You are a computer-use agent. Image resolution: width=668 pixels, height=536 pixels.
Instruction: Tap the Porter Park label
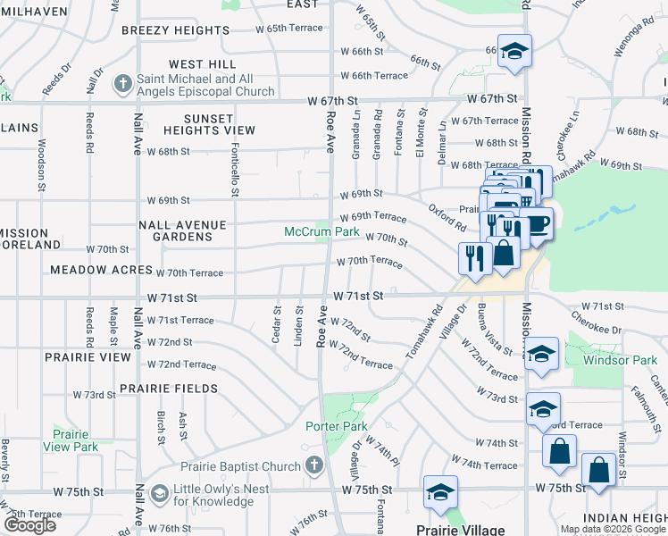336,427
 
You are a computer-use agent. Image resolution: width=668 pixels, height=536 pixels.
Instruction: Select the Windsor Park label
619,361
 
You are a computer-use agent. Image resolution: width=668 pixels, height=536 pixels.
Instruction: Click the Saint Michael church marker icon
124,85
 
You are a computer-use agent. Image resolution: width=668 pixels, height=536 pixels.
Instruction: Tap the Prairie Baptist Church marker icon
313,465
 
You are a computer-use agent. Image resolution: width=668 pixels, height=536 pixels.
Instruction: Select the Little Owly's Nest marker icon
160,494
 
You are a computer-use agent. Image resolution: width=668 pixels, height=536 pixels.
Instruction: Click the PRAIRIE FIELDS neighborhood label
169,389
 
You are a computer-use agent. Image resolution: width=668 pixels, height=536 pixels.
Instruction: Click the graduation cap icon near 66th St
514,51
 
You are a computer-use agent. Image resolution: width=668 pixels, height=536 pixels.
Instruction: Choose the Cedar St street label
276,317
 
